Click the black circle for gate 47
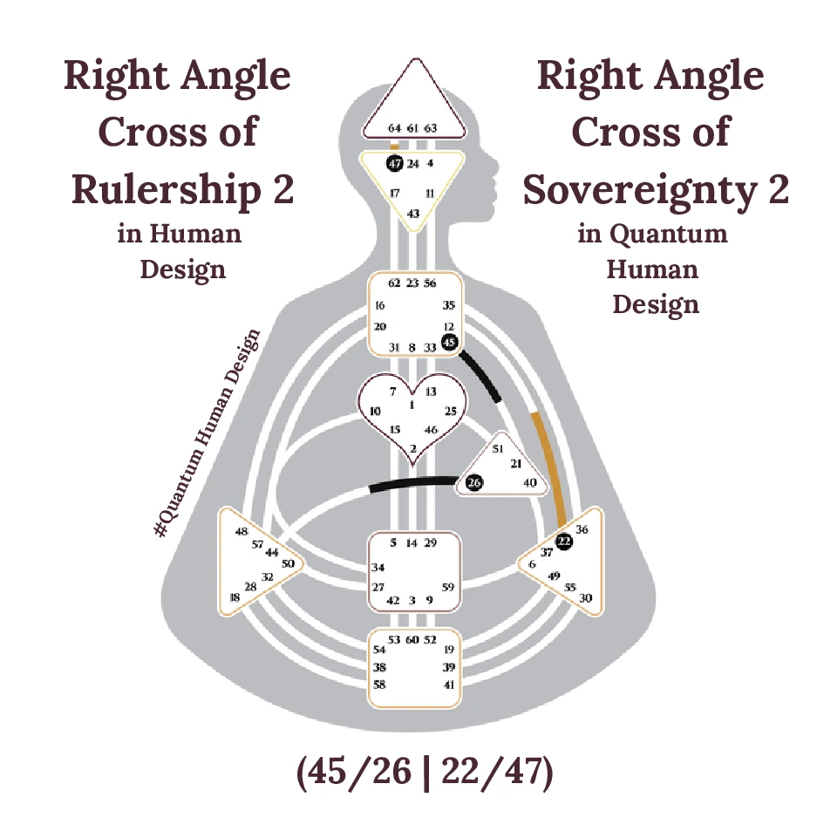[x=394, y=163]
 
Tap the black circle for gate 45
[x=449, y=343]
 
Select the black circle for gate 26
[x=473, y=482]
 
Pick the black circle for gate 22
[x=565, y=542]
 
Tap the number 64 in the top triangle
[x=394, y=128]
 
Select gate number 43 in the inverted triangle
[x=413, y=214]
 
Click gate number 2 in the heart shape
[x=412, y=449]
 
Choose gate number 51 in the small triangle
[x=498, y=449]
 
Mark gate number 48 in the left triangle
[x=242, y=531]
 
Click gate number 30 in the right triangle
[x=585, y=598]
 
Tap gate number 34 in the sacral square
[x=378, y=568]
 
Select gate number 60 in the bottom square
[x=412, y=640]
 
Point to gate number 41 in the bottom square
[x=449, y=685]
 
